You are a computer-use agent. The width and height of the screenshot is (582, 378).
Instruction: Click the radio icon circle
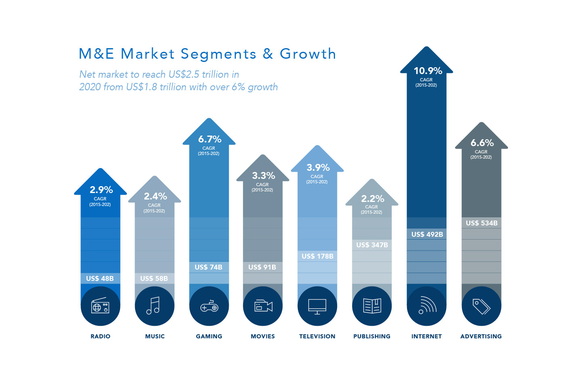(100, 306)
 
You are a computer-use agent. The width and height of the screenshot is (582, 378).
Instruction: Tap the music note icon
(154, 306)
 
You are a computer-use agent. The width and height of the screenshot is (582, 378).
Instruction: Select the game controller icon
(209, 306)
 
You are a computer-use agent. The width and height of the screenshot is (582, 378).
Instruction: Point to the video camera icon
(263, 306)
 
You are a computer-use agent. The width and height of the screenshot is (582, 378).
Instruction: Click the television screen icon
(317, 306)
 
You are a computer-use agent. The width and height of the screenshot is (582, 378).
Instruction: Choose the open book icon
(372, 306)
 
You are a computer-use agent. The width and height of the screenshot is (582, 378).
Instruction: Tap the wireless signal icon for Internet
(426, 306)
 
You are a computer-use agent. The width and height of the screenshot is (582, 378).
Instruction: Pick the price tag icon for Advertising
(481, 306)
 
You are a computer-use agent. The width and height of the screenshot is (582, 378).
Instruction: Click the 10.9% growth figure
(428, 71)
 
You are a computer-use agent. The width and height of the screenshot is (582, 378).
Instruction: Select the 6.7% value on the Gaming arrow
(209, 139)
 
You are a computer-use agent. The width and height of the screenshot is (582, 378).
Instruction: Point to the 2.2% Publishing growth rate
(372, 199)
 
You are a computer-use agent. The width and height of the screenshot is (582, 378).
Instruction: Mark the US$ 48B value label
(100, 278)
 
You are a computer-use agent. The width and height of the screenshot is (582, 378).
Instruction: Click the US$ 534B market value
(481, 223)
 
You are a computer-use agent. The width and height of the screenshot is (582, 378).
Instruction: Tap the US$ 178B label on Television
(317, 256)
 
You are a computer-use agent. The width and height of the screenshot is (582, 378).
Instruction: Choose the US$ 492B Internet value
(427, 234)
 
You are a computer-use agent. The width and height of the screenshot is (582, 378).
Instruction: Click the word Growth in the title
(308, 54)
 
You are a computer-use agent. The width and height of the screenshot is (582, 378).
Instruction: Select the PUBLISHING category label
(372, 336)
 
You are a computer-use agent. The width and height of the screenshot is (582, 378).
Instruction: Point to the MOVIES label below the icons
(263, 336)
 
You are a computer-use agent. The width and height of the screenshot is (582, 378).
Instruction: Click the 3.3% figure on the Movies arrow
(264, 176)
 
